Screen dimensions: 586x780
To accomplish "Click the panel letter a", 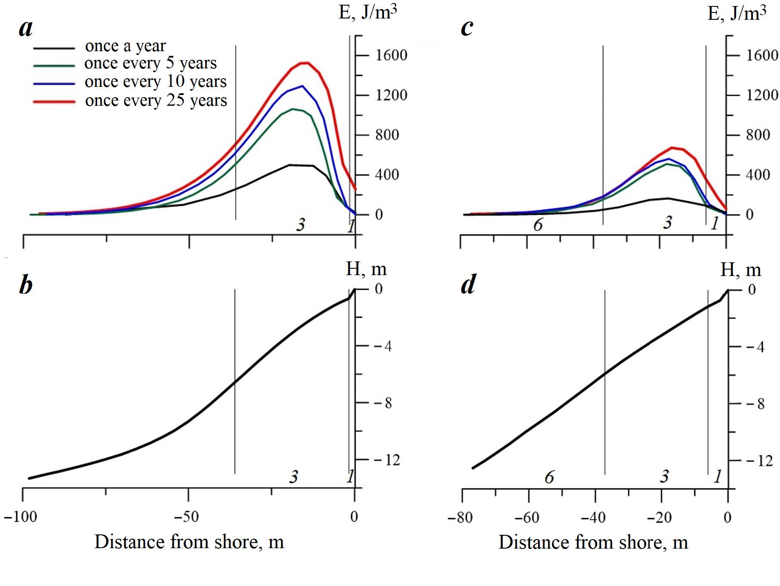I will (26, 28).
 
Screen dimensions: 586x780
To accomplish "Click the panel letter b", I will (26, 285).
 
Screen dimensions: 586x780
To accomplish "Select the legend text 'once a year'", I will (125, 46).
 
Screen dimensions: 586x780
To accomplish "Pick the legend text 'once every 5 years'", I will (150, 63).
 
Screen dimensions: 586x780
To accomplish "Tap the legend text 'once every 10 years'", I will (156, 82).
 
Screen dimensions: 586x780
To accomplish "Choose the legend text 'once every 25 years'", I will (156, 101).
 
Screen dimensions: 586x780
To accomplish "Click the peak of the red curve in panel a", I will (305, 63).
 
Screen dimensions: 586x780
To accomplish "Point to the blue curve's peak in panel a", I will (303, 86).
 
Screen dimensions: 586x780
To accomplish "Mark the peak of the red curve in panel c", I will (672, 147).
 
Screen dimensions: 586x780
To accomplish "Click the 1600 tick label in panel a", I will (391, 55).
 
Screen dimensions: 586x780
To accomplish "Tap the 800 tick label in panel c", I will (758, 135).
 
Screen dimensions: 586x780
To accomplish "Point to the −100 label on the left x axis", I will (21, 516).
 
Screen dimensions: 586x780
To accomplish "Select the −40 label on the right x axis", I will (593, 517).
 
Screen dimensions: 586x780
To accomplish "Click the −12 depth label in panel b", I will (387, 460).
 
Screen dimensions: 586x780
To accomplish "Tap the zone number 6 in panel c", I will (538, 224).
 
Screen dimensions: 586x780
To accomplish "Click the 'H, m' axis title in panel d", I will (740, 270).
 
